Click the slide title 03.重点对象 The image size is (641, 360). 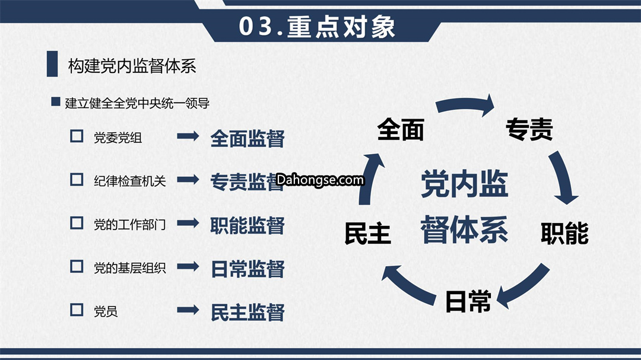[x=317, y=27]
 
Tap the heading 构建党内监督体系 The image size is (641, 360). [x=132, y=66]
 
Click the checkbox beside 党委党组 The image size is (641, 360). [x=77, y=136]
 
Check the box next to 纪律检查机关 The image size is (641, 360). [x=77, y=179]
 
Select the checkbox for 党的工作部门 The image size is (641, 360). [x=77, y=222]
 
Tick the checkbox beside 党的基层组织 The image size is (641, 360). [x=77, y=266]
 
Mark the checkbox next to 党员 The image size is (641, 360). [x=77, y=310]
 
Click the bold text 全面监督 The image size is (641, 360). [x=247, y=139]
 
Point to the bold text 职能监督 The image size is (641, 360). [x=247, y=225]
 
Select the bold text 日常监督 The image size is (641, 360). [x=247, y=269]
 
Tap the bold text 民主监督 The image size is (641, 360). [x=247, y=312]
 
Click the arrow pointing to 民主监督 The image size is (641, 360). [x=188, y=310]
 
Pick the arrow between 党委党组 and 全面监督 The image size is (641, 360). [x=188, y=136]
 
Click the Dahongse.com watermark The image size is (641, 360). [x=320, y=180]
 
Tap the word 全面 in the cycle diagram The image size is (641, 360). [x=400, y=129]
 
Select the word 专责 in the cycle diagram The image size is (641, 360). [x=529, y=129]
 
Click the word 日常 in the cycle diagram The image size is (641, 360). [x=468, y=301]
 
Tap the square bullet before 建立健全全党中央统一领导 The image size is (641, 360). [x=56, y=101]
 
